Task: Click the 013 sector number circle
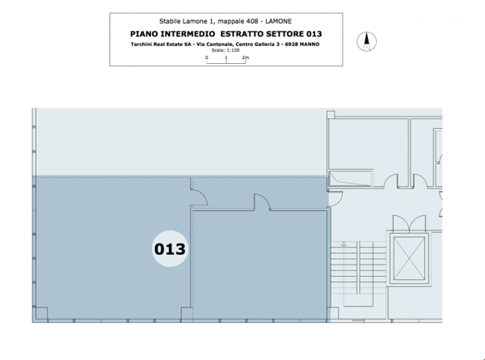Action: click(x=170, y=248)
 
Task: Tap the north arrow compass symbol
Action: click(x=366, y=41)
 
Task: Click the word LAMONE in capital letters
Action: click(x=278, y=21)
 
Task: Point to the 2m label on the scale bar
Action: click(x=246, y=57)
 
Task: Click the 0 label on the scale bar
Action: click(x=207, y=57)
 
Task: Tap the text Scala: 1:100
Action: click(x=226, y=50)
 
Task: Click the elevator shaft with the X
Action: click(x=409, y=258)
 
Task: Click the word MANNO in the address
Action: click(x=309, y=44)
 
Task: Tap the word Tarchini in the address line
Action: click(x=141, y=44)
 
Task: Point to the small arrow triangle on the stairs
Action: click(x=344, y=244)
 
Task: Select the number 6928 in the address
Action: click(x=291, y=44)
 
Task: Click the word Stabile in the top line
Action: click(x=170, y=21)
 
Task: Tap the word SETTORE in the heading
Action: click(x=285, y=34)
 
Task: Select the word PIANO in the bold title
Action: click(x=144, y=34)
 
